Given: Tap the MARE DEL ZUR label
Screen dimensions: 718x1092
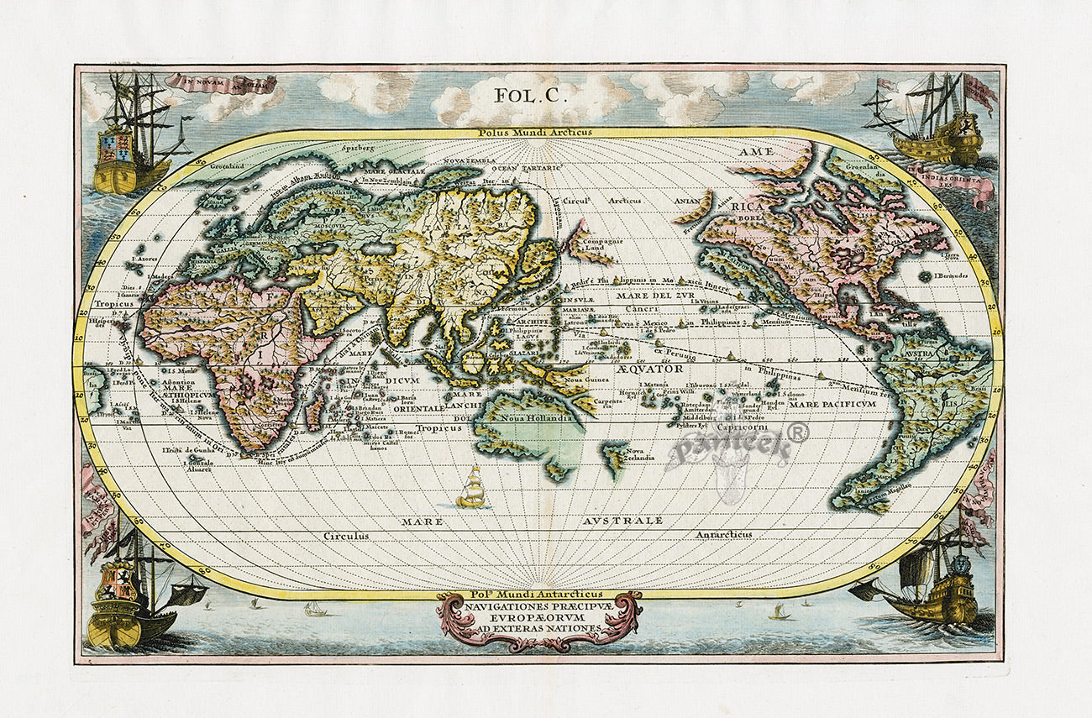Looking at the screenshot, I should point(654,296).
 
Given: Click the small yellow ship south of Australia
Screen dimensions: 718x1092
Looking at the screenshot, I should point(473,490).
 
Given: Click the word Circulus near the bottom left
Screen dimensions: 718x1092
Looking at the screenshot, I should point(346,535).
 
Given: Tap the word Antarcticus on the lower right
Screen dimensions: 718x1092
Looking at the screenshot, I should point(723,534).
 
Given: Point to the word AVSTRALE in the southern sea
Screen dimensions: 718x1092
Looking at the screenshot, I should point(622,521).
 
